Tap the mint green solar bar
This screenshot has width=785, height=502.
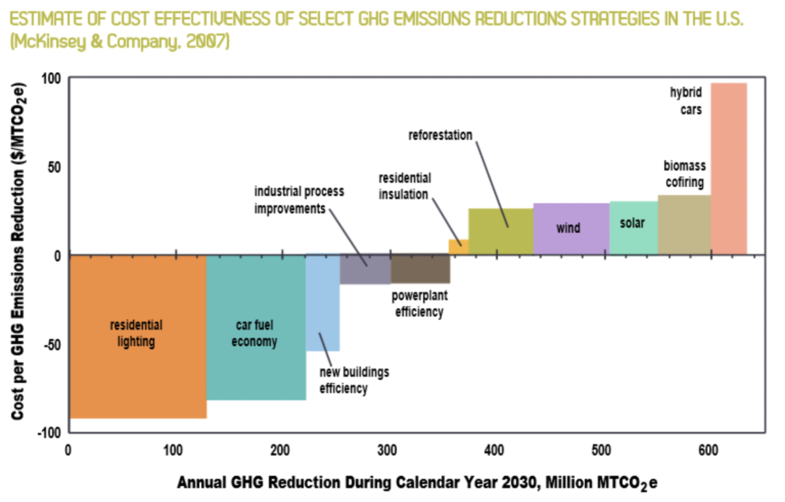[633, 238]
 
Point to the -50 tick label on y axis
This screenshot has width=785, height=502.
[52, 345]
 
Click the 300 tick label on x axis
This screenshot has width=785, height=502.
[387, 450]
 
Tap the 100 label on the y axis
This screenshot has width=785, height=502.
[52, 79]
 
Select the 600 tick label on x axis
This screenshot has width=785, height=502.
[708, 450]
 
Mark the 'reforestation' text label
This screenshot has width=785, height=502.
[440, 135]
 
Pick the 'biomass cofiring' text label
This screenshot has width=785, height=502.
[685, 174]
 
